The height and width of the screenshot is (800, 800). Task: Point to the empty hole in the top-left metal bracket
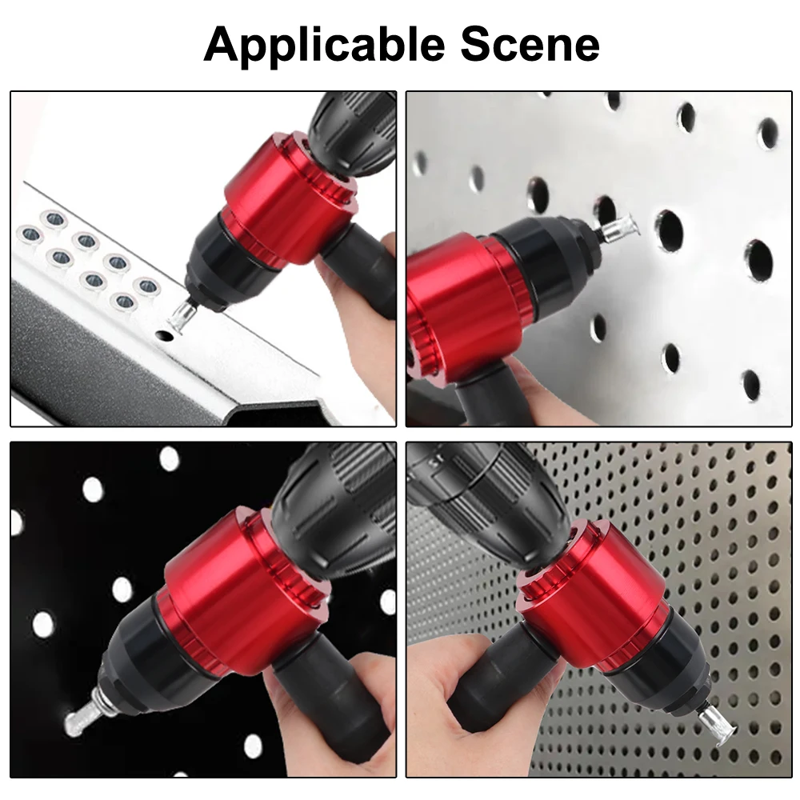pos(165,338)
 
